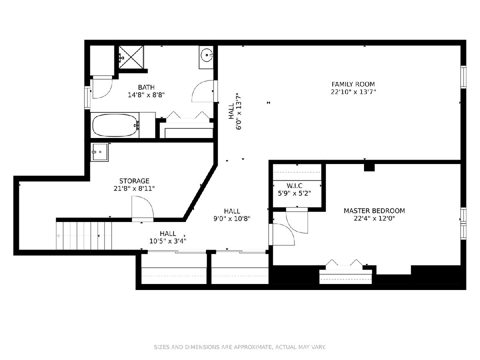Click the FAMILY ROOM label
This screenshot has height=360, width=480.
pos(353,84)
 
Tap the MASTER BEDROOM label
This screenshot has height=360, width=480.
pos(374,211)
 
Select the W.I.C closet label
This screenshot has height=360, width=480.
pos(294,186)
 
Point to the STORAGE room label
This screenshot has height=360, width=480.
pos(134,181)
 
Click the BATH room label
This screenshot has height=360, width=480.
pos(146,87)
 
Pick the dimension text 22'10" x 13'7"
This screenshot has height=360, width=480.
pos(353,92)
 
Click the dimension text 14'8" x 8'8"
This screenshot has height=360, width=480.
pos(146,95)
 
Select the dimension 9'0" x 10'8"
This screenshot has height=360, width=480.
pos(232,218)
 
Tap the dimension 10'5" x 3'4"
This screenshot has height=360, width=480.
pos(168,241)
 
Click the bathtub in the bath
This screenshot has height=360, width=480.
pos(116,125)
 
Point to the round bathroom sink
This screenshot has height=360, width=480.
pos(206,55)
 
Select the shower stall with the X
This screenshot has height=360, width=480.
pos(131,57)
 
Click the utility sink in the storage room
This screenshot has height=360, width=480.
pos(100,152)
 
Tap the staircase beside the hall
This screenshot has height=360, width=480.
pos(84,236)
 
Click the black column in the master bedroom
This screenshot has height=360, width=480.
pos(369,168)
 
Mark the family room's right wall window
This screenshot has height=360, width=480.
pos(463,77)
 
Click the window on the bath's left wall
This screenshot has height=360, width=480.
pos(88,98)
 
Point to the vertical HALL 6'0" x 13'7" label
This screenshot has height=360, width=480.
pos(235,112)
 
